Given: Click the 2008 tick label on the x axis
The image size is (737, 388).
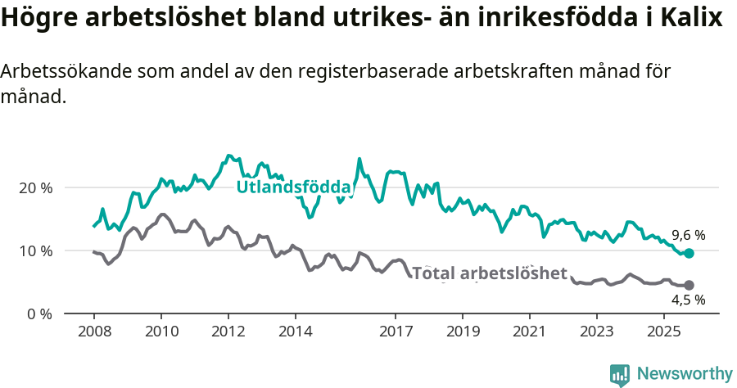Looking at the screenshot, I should tap(93, 332).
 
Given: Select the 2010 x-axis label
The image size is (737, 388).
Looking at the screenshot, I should tap(161, 332).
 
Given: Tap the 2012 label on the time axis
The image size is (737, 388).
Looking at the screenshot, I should tap(228, 332).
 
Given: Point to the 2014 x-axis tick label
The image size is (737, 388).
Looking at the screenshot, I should tap(295, 332).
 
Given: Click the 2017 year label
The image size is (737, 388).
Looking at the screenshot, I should tap(396, 332).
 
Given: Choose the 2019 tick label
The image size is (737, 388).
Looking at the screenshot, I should tap(463, 332).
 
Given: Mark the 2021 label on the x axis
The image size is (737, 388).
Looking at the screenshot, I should tap(530, 332).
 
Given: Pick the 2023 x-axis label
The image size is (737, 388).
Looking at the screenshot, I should tap(596, 332).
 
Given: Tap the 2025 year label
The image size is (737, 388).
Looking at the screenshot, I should tap(663, 332).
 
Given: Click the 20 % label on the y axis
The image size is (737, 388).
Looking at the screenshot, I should tap(35, 187).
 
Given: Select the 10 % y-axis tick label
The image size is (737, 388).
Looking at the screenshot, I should tap(35, 250).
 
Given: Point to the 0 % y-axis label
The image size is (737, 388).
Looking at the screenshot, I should tap(38, 314).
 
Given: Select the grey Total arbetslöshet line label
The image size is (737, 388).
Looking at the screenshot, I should tap(490, 273).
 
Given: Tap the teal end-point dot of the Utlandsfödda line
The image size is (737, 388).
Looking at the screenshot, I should tap(689, 254).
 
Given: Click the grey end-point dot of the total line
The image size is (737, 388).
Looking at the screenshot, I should tap(689, 285).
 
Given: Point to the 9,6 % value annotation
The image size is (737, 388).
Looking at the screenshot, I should tap(688, 235).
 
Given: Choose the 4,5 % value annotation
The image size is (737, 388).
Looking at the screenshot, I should tap(688, 300).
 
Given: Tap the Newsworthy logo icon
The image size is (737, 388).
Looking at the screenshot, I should tap(620, 374).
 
